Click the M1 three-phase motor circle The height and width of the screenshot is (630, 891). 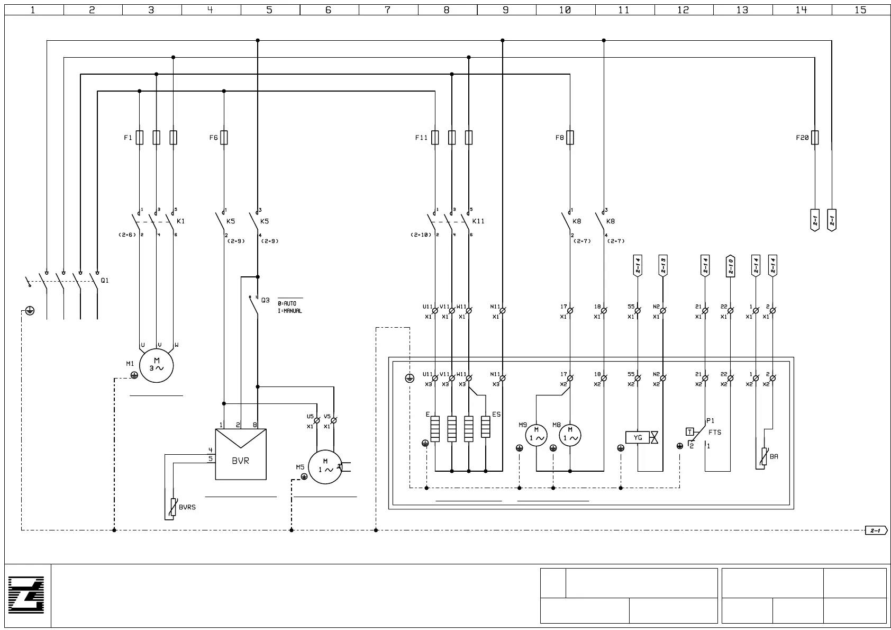pyautogui.click(x=156, y=366)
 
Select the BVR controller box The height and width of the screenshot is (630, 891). pyautogui.click(x=241, y=455)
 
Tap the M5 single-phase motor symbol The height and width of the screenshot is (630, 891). pyautogui.click(x=325, y=467)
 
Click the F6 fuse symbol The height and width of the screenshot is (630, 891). pyautogui.click(x=224, y=138)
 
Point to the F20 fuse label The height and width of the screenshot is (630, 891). pyautogui.click(x=802, y=138)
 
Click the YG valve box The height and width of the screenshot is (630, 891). pyautogui.click(x=638, y=438)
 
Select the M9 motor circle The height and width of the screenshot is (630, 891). pyautogui.click(x=536, y=435)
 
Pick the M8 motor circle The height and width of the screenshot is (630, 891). pyautogui.click(x=570, y=435)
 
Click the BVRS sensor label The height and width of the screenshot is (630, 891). pyautogui.click(x=187, y=507)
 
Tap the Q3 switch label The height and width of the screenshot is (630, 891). pyautogui.click(x=265, y=300)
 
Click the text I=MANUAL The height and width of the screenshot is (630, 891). pyautogui.click(x=290, y=311)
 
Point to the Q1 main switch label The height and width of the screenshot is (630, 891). pyautogui.click(x=105, y=281)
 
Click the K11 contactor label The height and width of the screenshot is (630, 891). pyautogui.click(x=478, y=221)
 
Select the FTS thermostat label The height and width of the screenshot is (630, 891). pyautogui.click(x=715, y=433)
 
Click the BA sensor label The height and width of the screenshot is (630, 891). pyautogui.click(x=774, y=456)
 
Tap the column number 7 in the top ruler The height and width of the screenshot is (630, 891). pyautogui.click(x=388, y=10)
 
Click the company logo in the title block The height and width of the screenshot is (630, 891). pyautogui.click(x=26, y=595)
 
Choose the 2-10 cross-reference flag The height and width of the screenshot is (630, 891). pyautogui.click(x=730, y=266)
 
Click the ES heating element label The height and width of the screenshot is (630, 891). pyautogui.click(x=496, y=415)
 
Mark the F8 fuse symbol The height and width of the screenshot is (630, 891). pyautogui.click(x=570, y=138)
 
